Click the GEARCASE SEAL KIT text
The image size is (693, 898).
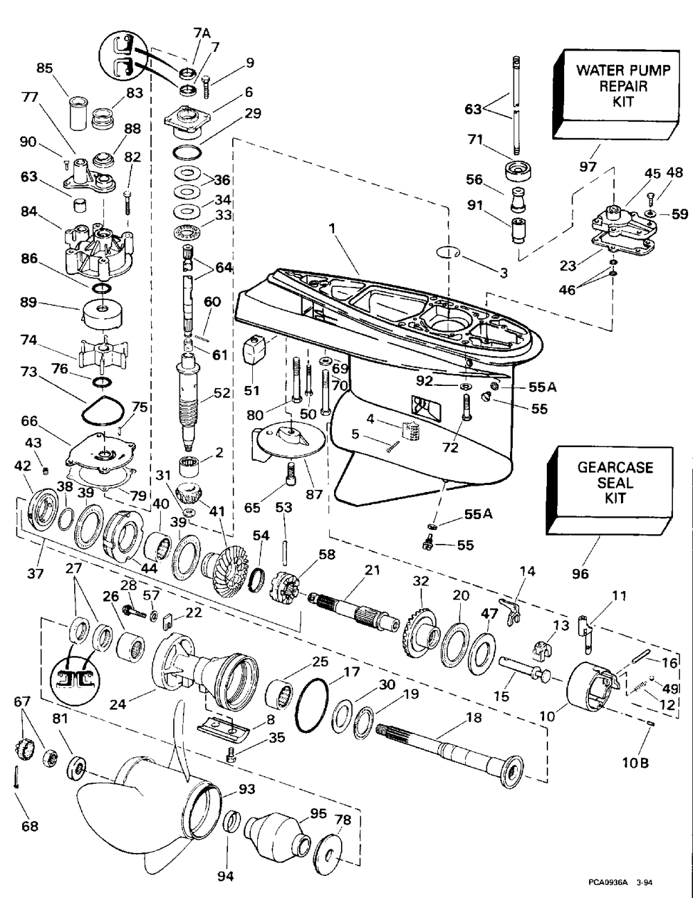pyautogui.click(x=615, y=483)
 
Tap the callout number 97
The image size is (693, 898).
pyautogui.click(x=588, y=166)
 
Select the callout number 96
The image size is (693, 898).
pyautogui.click(x=580, y=574)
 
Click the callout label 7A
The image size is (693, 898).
pyautogui.click(x=202, y=33)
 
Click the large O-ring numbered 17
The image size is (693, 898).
pyautogui.click(x=313, y=705)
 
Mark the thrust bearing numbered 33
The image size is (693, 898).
pyautogui.click(x=188, y=231)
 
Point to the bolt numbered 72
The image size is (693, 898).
pyautogui.click(x=466, y=407)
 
